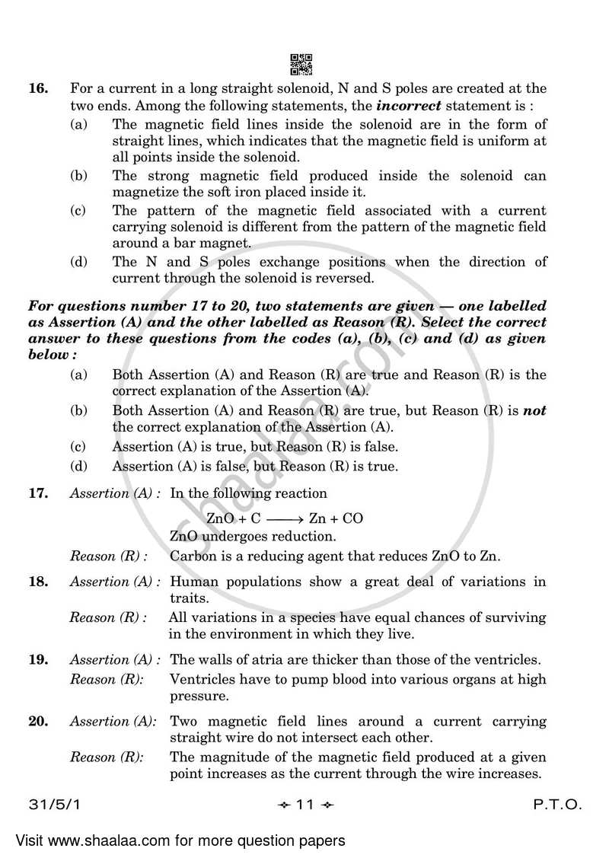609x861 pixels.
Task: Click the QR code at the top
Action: pyautogui.click(x=302, y=65)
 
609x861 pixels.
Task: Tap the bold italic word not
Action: pyautogui.click(x=535, y=410)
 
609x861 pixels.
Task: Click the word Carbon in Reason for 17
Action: pyautogui.click(x=193, y=556)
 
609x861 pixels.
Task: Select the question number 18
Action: pyautogui.click(x=37, y=582)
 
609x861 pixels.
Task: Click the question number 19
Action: pyautogui.click(x=37, y=660)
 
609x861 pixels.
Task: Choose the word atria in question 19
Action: pyautogui.click(x=268, y=660)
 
